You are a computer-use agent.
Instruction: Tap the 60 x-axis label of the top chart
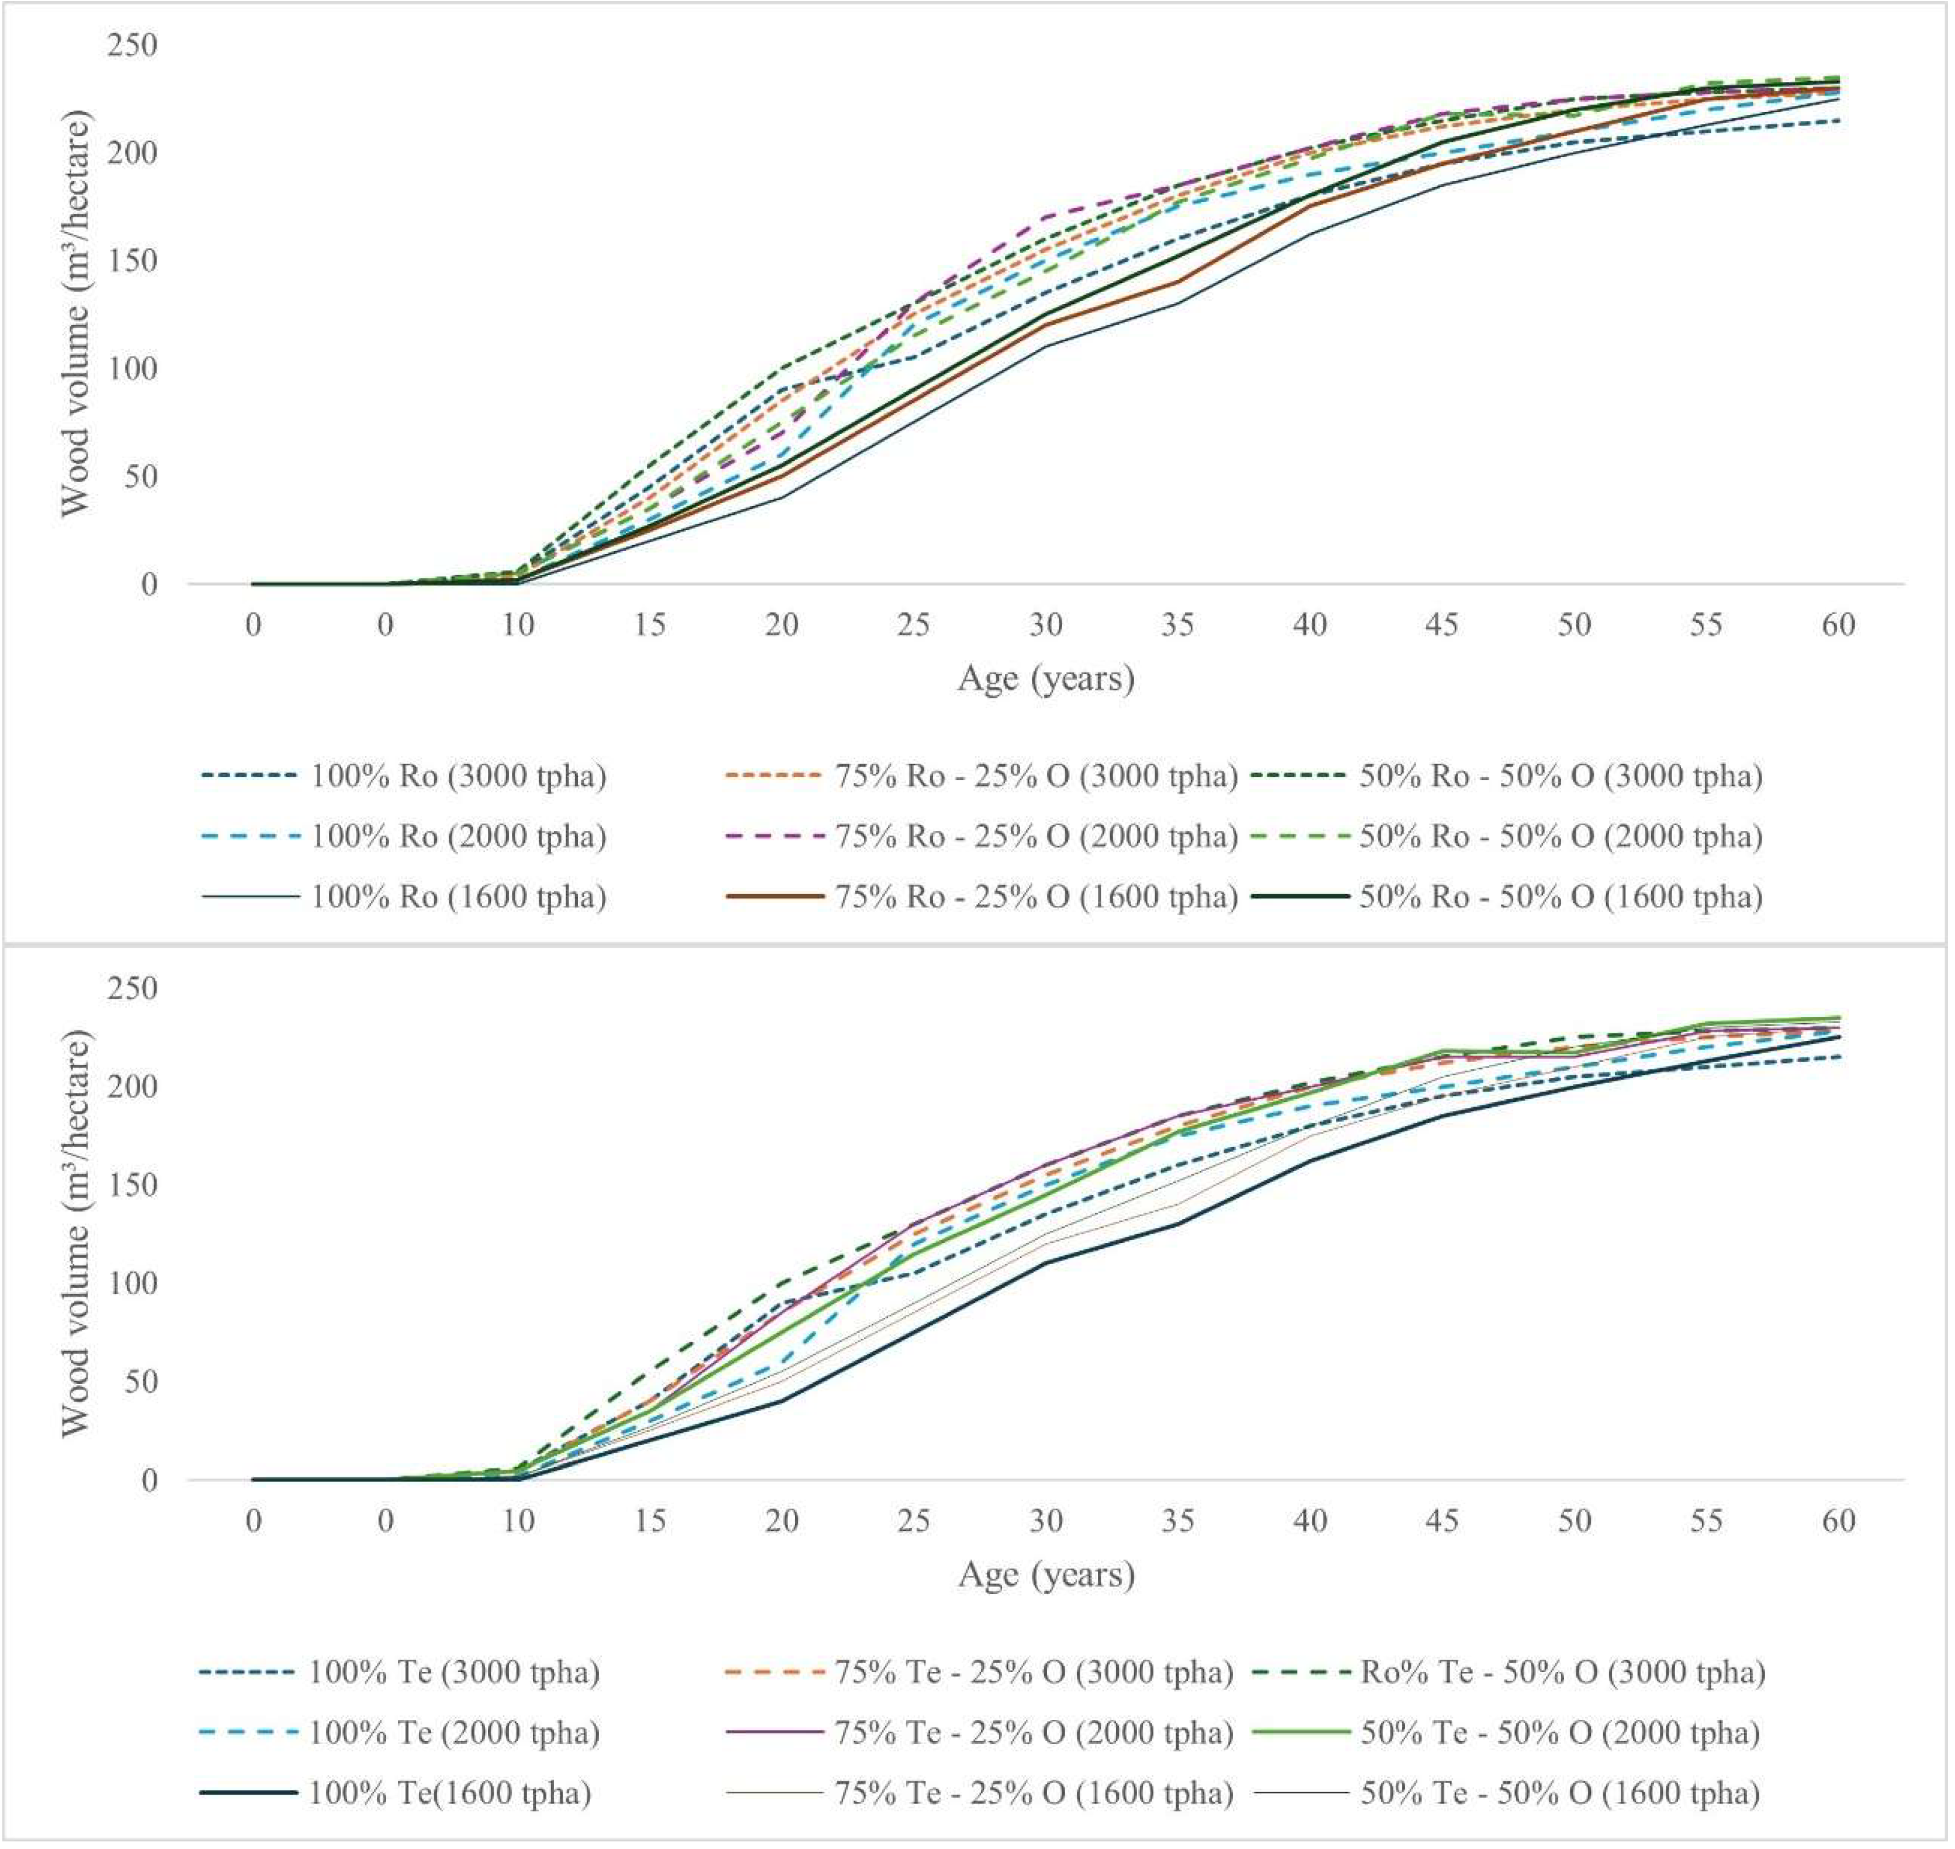1838,625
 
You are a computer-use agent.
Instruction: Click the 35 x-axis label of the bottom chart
1177,1521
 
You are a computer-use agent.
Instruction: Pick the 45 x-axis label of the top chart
1441,625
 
